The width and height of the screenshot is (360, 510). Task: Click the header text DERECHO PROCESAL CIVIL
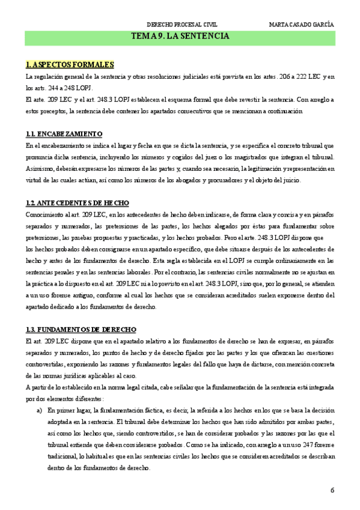[x=182, y=25]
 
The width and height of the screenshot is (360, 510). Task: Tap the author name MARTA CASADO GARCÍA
[x=302, y=25]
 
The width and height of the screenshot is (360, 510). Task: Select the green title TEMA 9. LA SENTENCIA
[x=180, y=37]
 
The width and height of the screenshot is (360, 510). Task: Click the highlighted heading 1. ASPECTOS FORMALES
[x=70, y=64]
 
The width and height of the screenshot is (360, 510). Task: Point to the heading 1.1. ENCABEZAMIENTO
[x=64, y=134]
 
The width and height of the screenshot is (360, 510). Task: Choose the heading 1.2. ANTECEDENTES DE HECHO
[x=77, y=203]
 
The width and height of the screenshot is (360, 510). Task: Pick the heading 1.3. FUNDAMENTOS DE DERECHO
[x=81, y=330]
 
